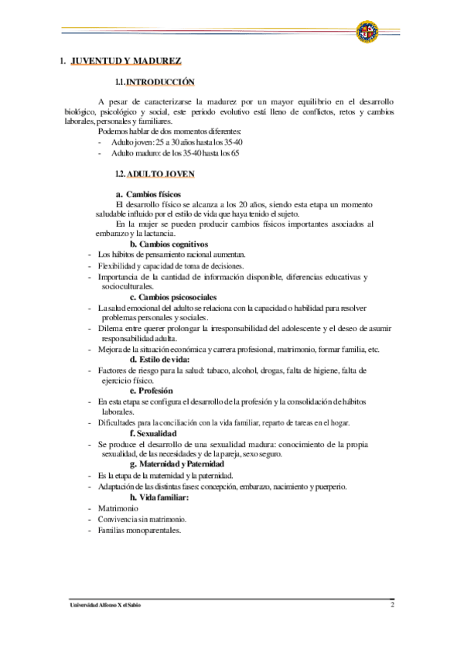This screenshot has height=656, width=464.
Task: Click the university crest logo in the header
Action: [367, 31]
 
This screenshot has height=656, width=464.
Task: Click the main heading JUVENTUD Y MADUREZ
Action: [126, 60]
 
